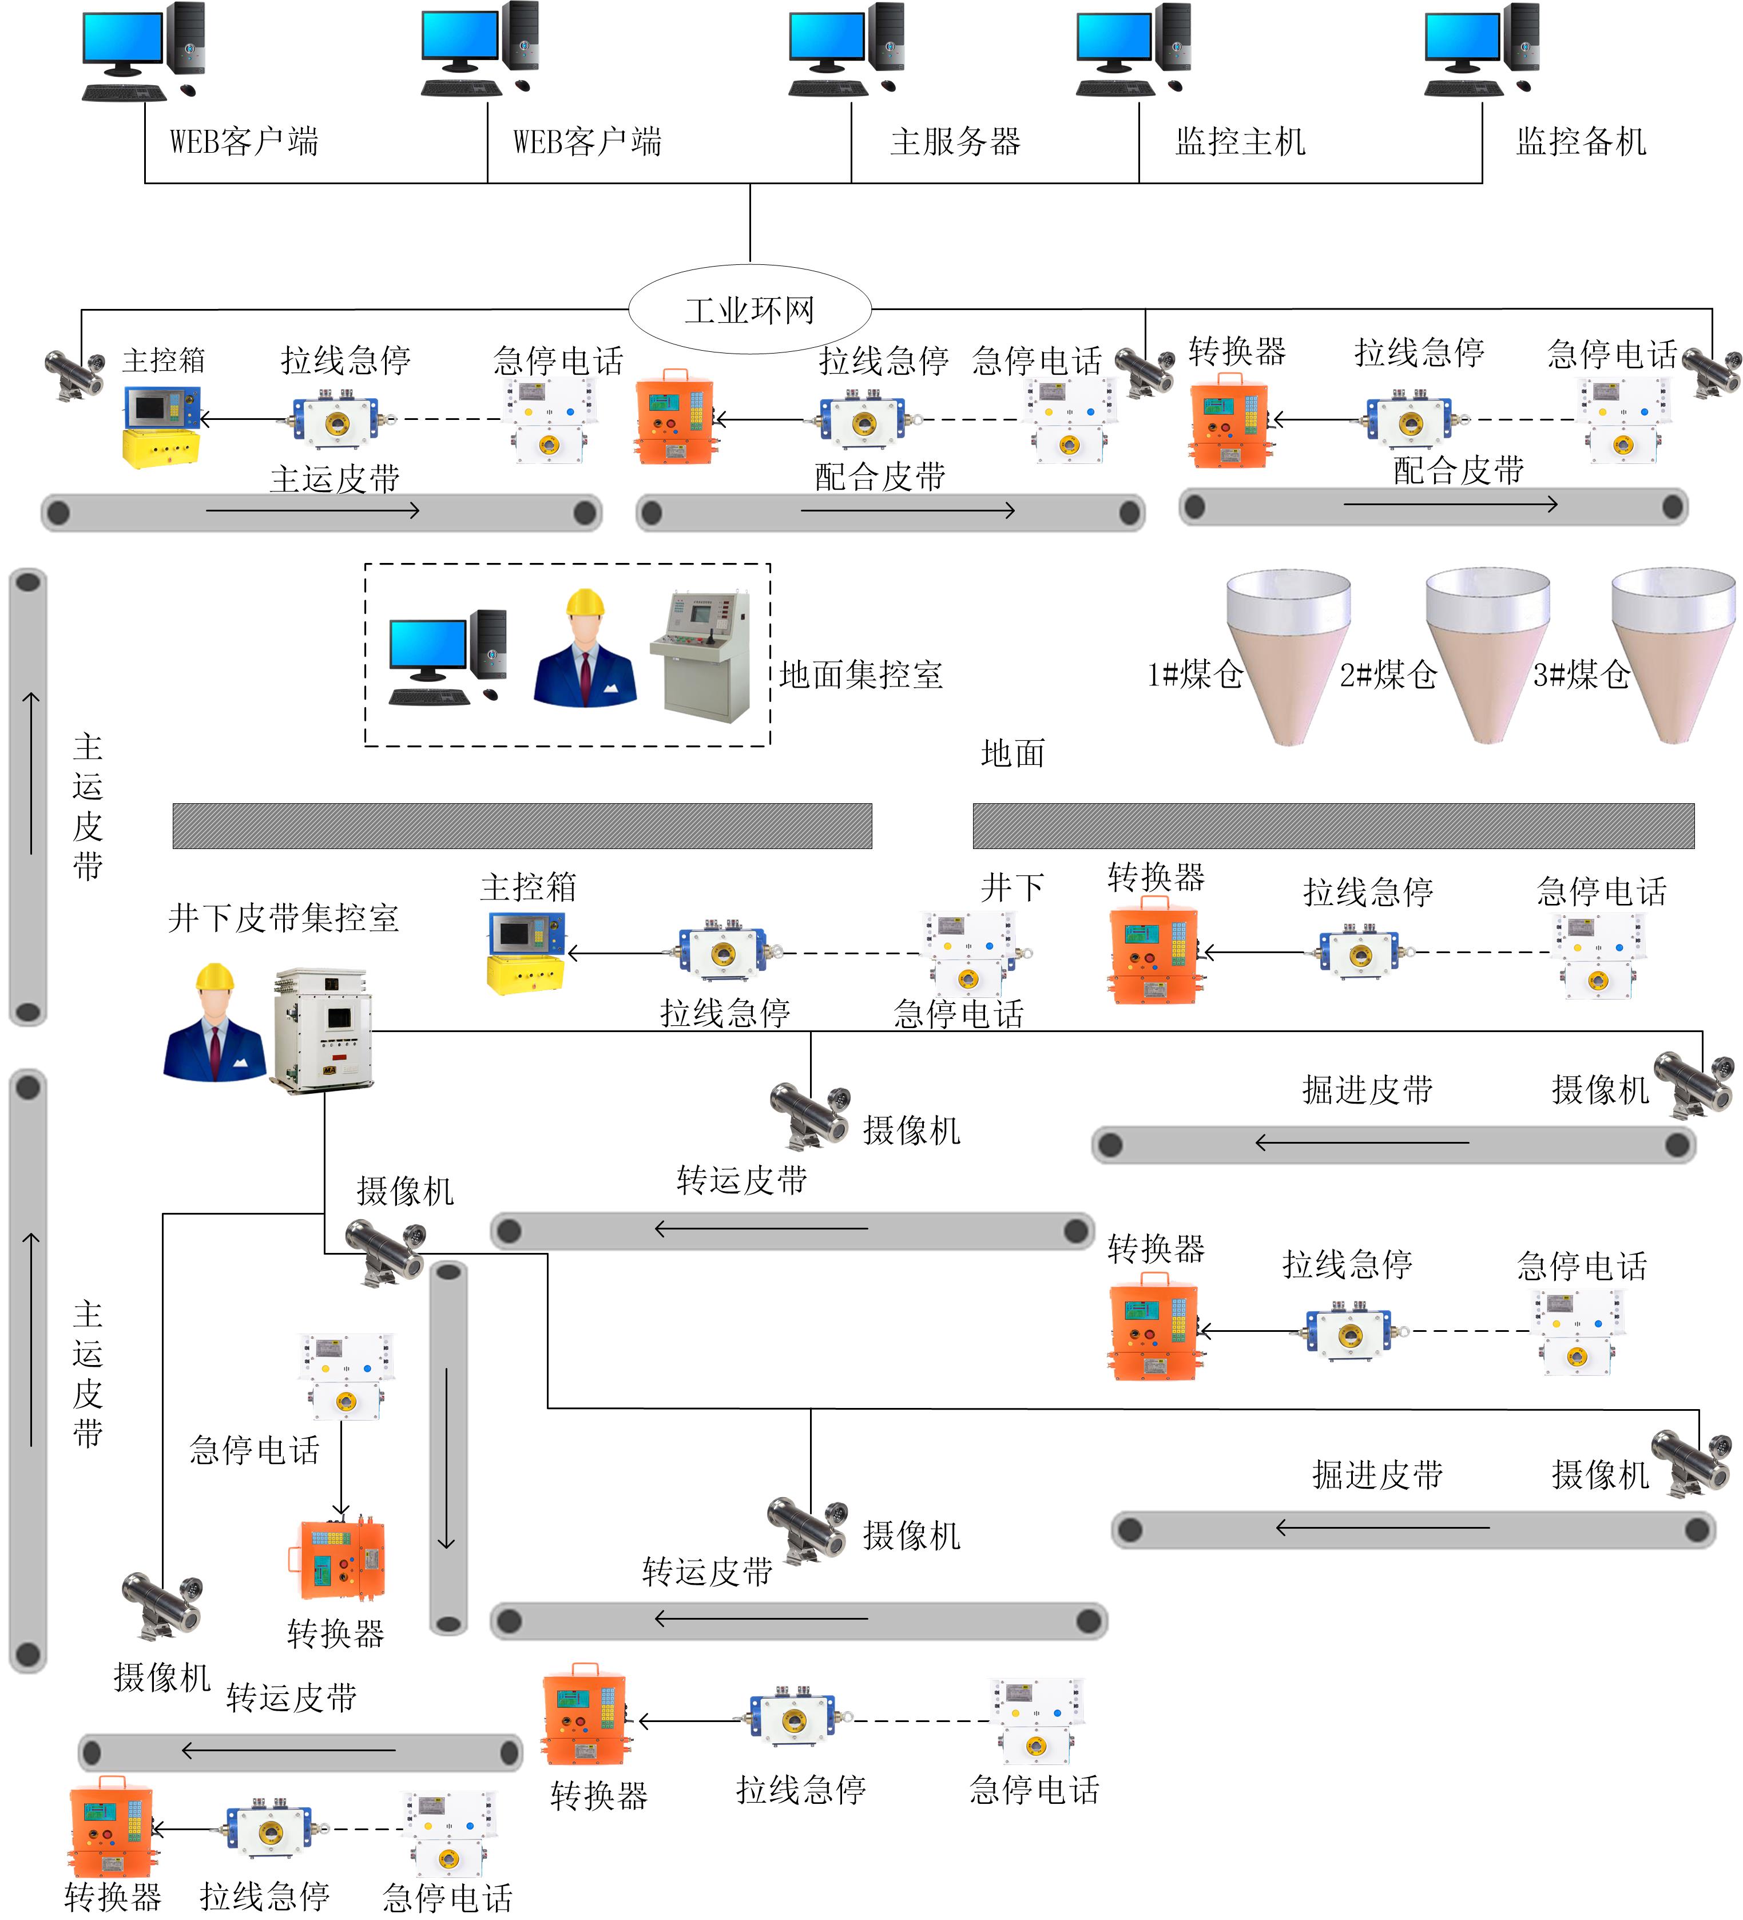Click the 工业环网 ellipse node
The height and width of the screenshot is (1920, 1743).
pos(749,310)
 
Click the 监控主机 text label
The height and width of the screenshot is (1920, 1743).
pos(1240,142)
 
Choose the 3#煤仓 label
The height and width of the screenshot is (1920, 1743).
pos(1581,675)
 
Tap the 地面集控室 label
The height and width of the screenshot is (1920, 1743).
pos(861,675)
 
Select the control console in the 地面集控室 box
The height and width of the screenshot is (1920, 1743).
pos(701,655)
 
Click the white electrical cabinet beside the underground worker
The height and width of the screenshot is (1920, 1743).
pos(322,1029)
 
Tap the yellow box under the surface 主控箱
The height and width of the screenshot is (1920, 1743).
pos(161,447)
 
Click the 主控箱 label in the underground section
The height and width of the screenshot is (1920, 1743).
pos(527,887)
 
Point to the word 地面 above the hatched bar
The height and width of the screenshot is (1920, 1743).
pos(1013,753)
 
